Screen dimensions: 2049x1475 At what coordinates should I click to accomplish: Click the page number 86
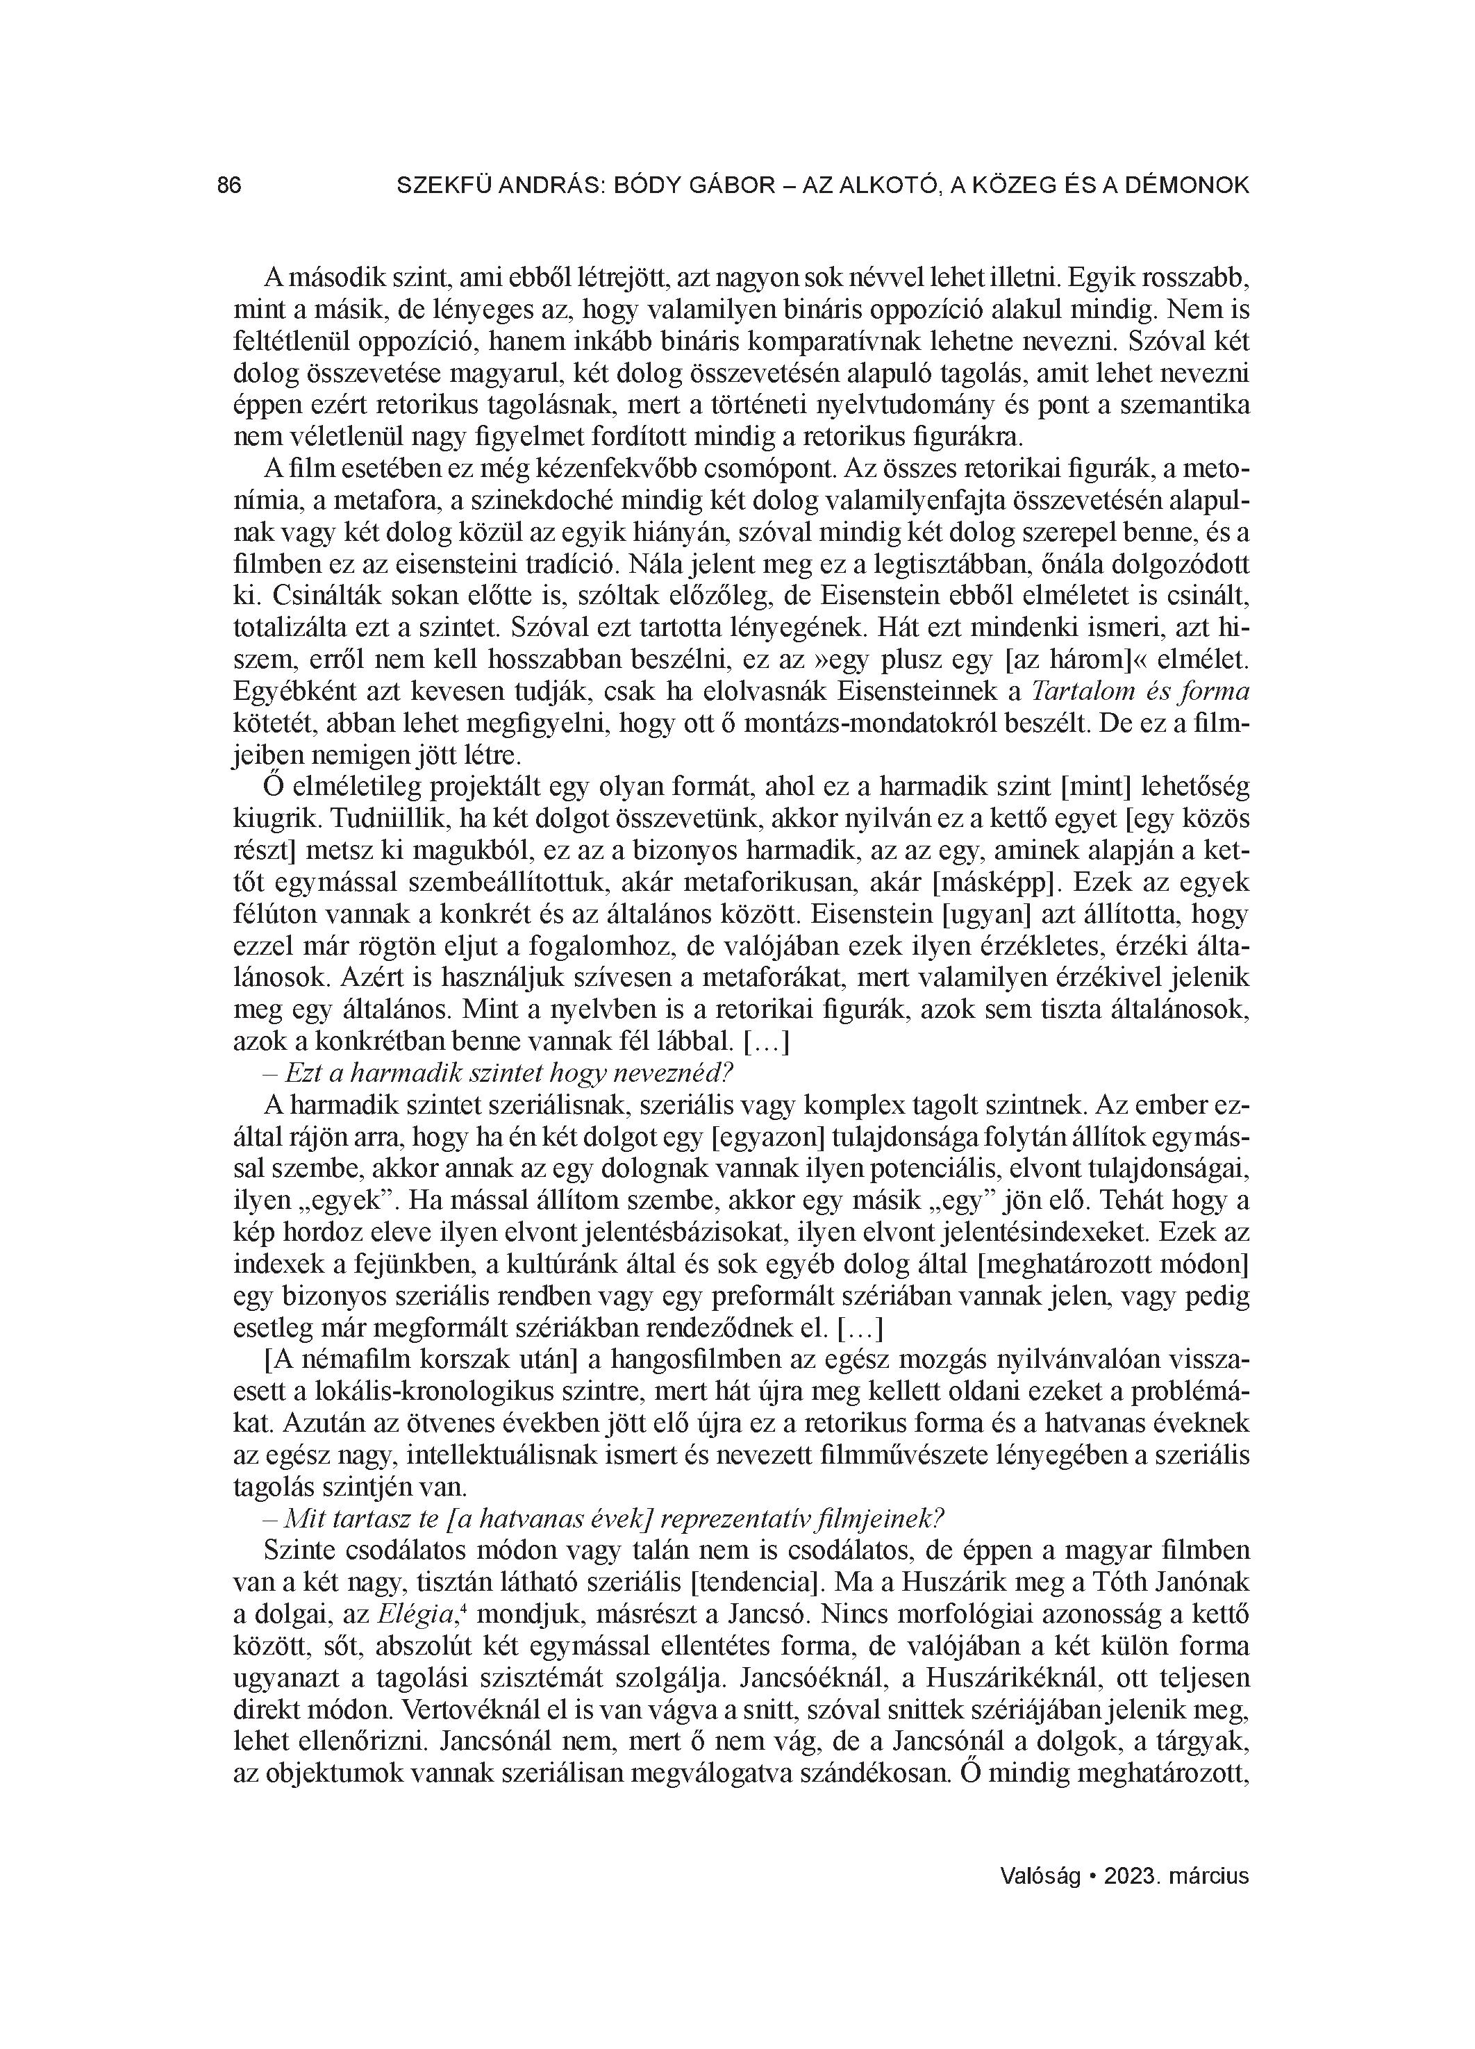(x=230, y=186)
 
